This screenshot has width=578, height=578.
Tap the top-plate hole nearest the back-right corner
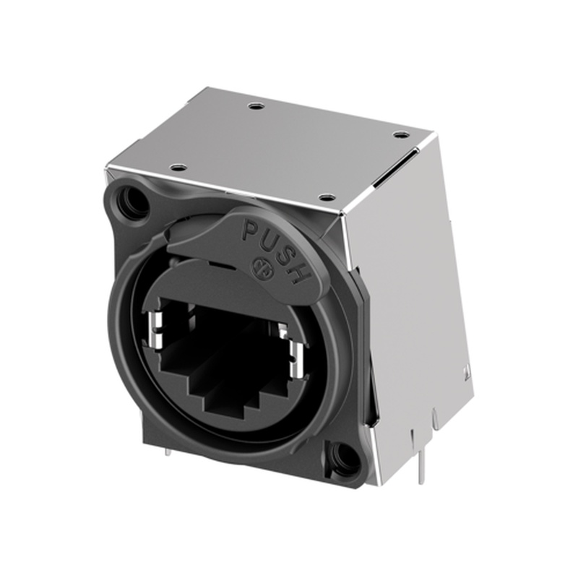pyautogui.click(x=401, y=134)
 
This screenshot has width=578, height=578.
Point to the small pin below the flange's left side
pyautogui.click(x=167, y=452)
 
